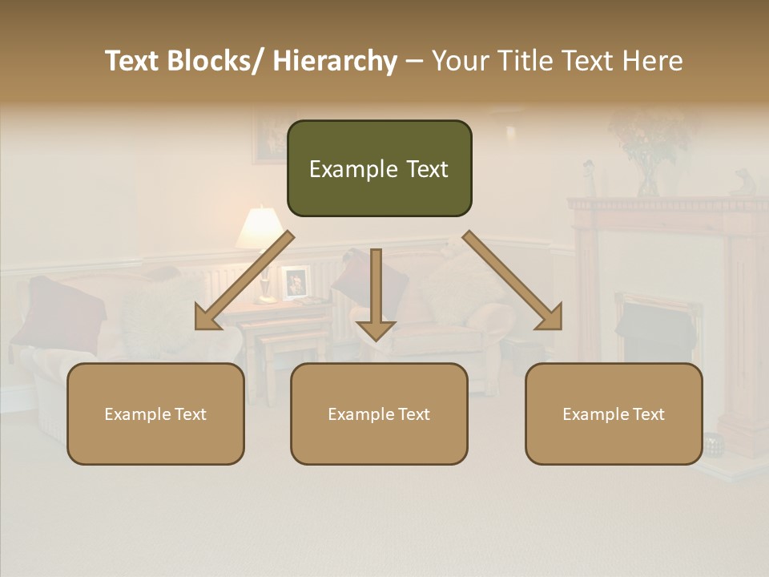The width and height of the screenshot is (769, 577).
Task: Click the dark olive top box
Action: tap(379, 168)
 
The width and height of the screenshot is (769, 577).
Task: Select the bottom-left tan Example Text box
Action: tap(155, 414)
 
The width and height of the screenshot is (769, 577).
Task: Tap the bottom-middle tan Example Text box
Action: tap(379, 414)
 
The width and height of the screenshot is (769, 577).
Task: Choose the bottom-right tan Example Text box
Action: tap(614, 414)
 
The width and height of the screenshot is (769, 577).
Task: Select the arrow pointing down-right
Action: tap(513, 281)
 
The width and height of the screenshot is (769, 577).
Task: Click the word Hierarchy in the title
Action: tap(335, 61)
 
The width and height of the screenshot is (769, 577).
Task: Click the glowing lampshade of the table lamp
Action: tap(260, 228)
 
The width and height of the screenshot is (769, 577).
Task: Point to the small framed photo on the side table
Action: tap(296, 281)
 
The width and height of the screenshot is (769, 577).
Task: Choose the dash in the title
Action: tap(414, 62)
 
